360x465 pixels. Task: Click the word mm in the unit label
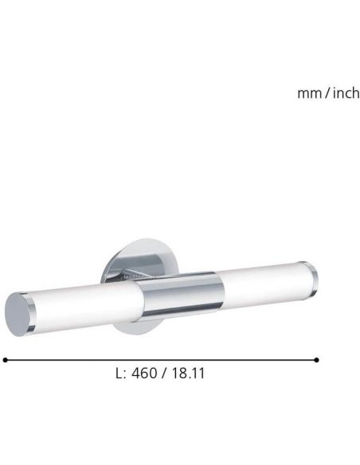point(307,94)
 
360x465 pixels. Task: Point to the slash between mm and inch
point(325,94)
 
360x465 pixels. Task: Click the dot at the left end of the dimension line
point(5,360)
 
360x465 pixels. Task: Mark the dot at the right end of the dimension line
point(317,360)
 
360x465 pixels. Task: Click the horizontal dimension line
point(159,360)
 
